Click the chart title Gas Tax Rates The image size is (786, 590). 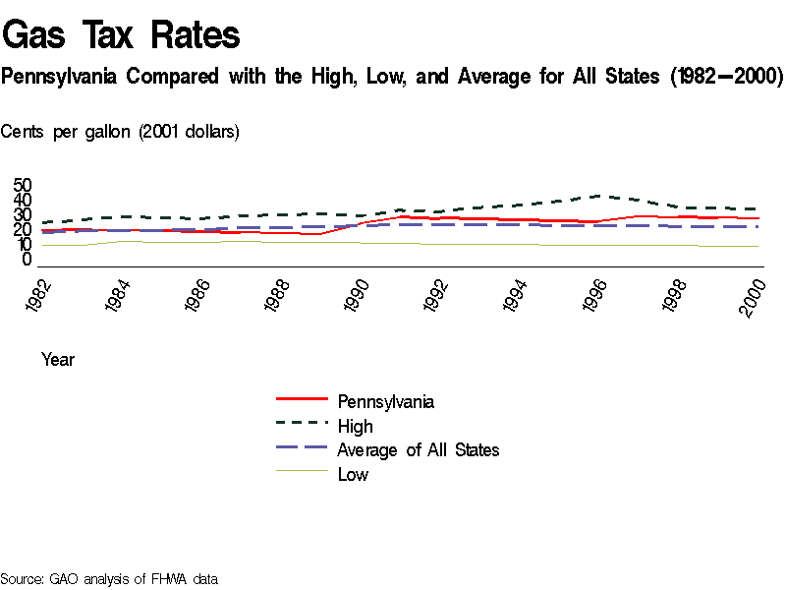pyautogui.click(x=121, y=34)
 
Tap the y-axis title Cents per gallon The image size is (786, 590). pyautogui.click(x=120, y=131)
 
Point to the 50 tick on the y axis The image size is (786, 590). pyautogui.click(x=23, y=186)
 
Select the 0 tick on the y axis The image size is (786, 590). pyautogui.click(x=28, y=259)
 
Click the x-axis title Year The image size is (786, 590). pyautogui.click(x=58, y=360)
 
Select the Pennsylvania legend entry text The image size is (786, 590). pyautogui.click(x=385, y=401)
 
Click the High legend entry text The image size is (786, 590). pyautogui.click(x=355, y=426)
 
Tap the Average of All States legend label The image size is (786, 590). pyautogui.click(x=418, y=450)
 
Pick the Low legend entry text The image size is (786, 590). pyautogui.click(x=353, y=475)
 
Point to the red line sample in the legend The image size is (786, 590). pyautogui.click(x=302, y=399)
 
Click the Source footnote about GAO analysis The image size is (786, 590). pyautogui.click(x=109, y=579)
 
